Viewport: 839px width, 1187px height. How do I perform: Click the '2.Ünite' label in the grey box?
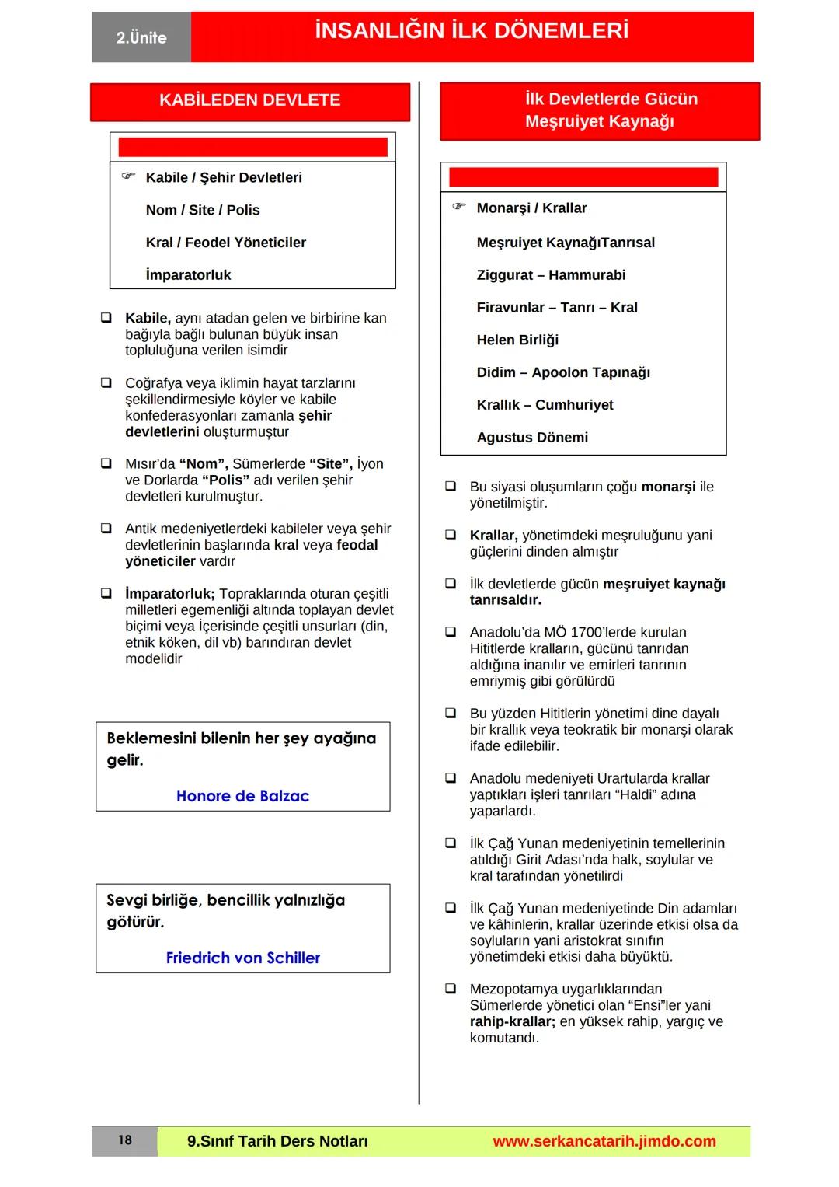[141, 37]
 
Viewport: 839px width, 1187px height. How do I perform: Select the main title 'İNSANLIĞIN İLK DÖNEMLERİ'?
[472, 31]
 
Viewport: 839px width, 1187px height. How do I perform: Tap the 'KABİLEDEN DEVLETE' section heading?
[249, 100]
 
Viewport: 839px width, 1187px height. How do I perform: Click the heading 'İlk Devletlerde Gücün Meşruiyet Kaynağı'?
[599, 110]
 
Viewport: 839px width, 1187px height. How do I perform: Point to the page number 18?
[125, 1140]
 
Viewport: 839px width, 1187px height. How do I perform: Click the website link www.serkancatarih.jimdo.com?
[604, 1141]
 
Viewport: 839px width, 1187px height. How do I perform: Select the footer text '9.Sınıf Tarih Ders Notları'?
[277, 1141]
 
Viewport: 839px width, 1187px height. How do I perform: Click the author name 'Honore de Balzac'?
[242, 796]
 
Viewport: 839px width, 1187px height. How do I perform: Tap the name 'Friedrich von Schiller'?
[242, 958]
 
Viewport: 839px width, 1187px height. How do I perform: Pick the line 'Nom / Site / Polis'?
[203, 210]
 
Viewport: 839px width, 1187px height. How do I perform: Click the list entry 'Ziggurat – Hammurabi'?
[551, 275]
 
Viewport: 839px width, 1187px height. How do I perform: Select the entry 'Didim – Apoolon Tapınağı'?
[563, 372]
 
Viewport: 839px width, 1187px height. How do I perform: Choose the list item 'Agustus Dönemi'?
[532, 438]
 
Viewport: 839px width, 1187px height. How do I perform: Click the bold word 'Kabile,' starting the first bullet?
[148, 318]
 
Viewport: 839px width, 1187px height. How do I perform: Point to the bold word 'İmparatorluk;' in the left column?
[169, 594]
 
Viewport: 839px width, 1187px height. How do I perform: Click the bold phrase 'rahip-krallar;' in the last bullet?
[512, 1021]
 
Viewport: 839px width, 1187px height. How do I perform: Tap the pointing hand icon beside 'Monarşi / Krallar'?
[459, 207]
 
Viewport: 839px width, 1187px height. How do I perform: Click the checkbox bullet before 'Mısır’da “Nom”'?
[106, 464]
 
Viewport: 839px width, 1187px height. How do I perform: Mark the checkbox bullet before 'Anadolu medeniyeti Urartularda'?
[451, 778]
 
